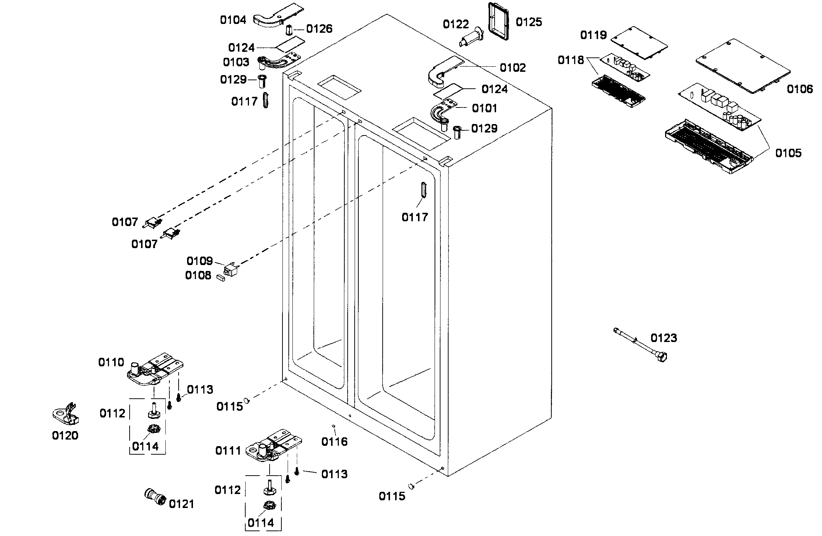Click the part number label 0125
click(528, 22)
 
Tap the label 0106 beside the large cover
click(800, 89)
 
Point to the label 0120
click(65, 436)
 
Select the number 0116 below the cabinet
click(334, 441)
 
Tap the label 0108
click(198, 275)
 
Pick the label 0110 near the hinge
click(111, 362)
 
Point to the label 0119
click(593, 35)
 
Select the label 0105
click(788, 153)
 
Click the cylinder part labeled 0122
click(470, 37)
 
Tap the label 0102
click(513, 68)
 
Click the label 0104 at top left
click(233, 20)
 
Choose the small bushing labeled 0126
click(289, 29)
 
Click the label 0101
click(484, 108)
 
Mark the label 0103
click(236, 62)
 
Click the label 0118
click(571, 60)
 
